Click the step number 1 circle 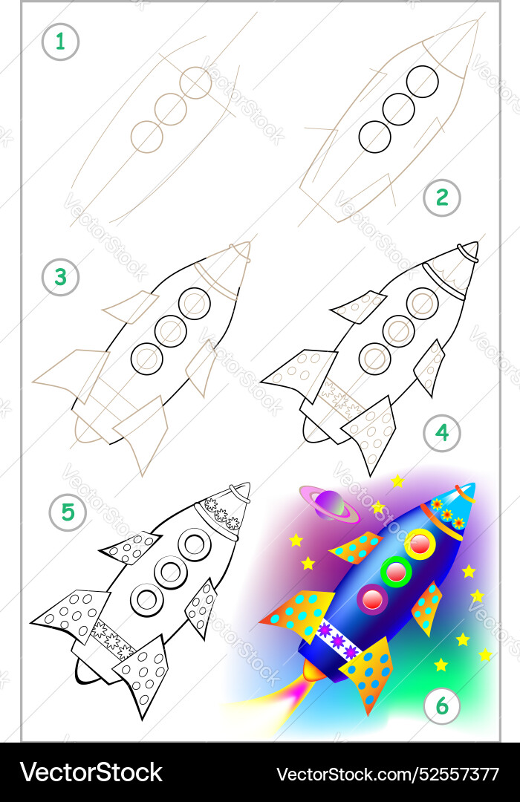60,42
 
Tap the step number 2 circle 442,198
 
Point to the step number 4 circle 442,433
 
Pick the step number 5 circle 68,512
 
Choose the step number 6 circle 442,706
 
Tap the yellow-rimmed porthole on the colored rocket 420,544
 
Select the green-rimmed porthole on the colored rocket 396,571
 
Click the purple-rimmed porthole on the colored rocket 372,599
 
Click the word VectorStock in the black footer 91,772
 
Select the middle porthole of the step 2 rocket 399,109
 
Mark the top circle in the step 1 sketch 196,82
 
